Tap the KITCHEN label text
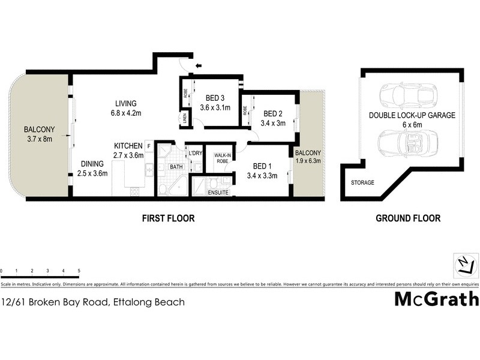point(128,146)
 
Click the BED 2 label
point(272,113)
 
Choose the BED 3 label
point(215,98)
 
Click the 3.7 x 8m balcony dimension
point(39,139)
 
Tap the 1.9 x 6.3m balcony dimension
point(308,161)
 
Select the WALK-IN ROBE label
point(218,158)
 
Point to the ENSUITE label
point(217,193)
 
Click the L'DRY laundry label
point(194,154)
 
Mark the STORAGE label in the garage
point(362,182)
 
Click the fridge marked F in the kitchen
point(148,146)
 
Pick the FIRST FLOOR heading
point(168,218)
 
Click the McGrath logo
point(436,298)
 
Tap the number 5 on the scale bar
point(79,271)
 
